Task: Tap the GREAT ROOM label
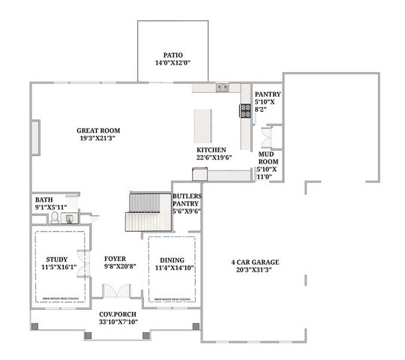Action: coord(98,130)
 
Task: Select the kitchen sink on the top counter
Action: coord(222,88)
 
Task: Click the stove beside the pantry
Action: coord(245,110)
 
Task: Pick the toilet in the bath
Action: coord(55,218)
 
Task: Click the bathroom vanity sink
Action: coord(69,219)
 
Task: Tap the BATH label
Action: coord(43,199)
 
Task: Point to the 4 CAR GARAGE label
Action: coord(255,262)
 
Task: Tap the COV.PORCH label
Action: coord(116,315)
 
